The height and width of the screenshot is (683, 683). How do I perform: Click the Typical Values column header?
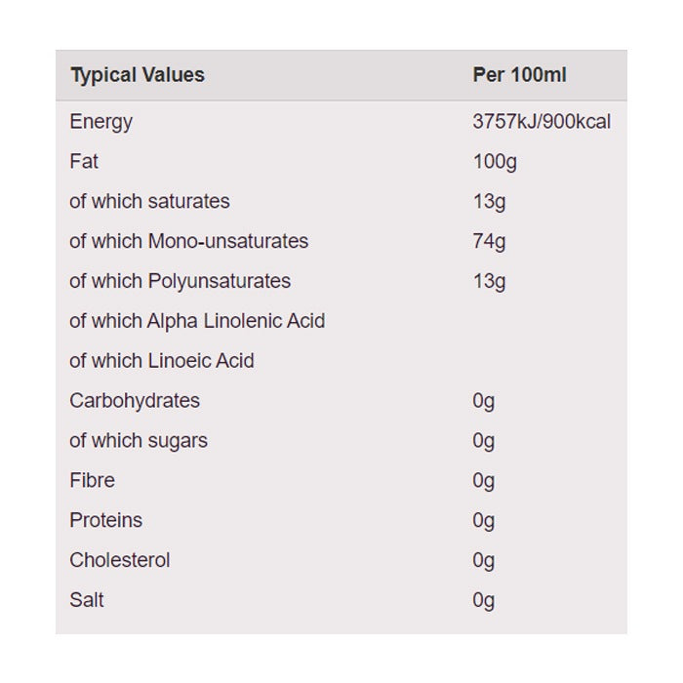[x=138, y=75]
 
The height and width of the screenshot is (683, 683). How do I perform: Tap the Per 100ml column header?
[x=519, y=75]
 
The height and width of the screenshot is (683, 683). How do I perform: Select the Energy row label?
[x=100, y=122]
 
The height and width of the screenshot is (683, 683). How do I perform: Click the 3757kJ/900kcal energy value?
[x=542, y=122]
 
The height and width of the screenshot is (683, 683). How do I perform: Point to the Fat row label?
[x=84, y=162]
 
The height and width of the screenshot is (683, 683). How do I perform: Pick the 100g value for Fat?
[x=495, y=162]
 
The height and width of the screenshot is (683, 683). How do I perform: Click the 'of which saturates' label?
[x=149, y=202]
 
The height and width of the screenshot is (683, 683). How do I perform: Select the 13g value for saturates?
[x=489, y=202]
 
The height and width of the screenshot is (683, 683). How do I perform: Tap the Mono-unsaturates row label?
[x=188, y=241]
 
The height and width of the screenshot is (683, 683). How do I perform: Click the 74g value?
[x=489, y=241]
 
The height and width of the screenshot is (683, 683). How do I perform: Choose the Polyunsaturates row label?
[x=180, y=281]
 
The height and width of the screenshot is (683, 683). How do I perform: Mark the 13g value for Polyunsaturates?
[x=489, y=281]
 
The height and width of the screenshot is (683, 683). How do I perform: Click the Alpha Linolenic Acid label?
[x=197, y=321]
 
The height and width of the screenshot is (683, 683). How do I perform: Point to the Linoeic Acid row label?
[x=162, y=361]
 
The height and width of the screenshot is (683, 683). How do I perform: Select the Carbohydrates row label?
[x=135, y=401]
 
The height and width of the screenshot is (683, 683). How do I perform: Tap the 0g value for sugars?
[x=484, y=441]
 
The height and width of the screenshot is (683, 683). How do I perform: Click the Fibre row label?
[x=92, y=481]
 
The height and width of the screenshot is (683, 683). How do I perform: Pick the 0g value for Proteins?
[x=484, y=521]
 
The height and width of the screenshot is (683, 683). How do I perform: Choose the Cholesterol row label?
[x=120, y=561]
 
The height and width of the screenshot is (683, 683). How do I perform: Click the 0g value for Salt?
[x=484, y=600]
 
